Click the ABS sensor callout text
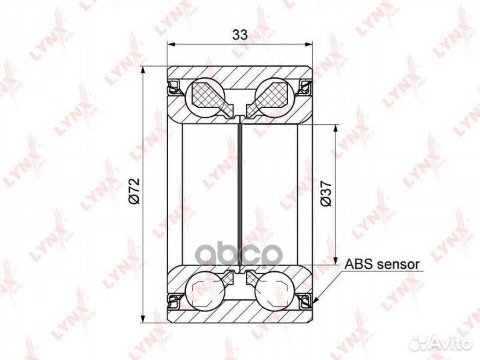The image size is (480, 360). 381,264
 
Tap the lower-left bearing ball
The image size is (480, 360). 208,290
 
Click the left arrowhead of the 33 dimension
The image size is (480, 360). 170,45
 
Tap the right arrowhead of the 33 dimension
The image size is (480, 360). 310,45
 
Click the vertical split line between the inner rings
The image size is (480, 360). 240,193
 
